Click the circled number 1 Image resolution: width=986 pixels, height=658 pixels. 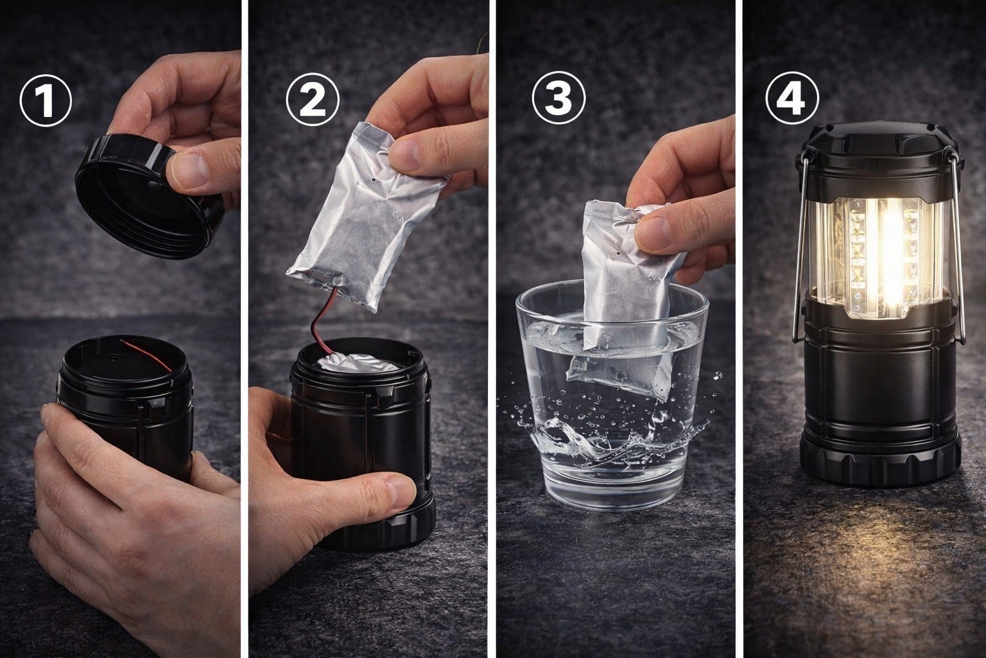pos(46,100)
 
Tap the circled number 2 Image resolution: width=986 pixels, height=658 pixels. pos(313,100)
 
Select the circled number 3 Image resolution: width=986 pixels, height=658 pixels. pos(558,99)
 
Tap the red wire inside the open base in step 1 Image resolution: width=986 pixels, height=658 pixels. pos(146,355)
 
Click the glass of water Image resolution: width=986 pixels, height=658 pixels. pos(611,396)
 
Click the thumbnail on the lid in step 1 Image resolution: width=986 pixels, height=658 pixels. pos(190,170)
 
